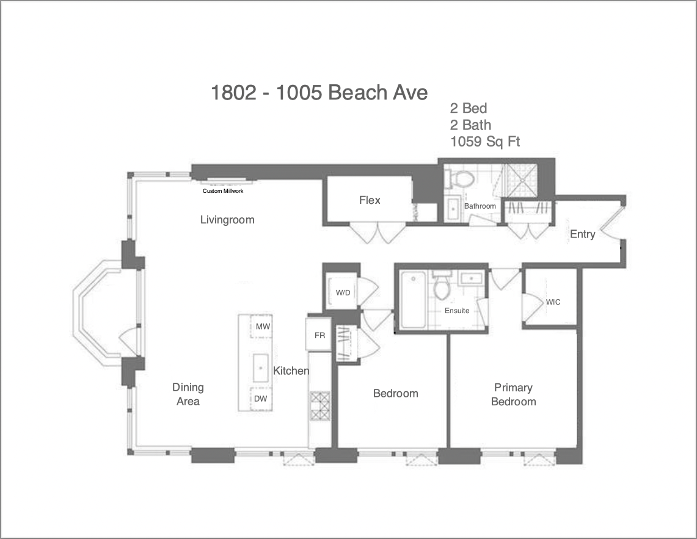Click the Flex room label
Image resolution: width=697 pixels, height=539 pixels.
370,200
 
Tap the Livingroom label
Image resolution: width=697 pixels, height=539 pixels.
227,220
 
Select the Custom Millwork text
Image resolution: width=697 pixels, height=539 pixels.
223,191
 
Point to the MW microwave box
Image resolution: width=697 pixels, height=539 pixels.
261,327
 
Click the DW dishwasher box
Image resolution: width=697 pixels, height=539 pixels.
261,399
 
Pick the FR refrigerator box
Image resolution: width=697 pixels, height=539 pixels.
319,335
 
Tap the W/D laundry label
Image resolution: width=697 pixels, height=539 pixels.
343,293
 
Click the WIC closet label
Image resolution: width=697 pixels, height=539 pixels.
553,302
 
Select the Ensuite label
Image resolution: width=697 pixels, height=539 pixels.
457,311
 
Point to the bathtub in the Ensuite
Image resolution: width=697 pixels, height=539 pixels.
413,300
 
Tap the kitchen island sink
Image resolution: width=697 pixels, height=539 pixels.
260,368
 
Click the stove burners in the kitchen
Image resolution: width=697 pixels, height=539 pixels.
320,406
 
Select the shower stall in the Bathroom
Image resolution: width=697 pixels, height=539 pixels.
520,181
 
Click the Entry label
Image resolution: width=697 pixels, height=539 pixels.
582,234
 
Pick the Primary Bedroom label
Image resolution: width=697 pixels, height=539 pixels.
513,394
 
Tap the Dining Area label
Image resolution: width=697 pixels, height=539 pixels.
188,394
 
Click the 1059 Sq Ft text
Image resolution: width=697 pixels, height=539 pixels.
485,142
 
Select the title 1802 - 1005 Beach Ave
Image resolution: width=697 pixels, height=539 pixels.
319,93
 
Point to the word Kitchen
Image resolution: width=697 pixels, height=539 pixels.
291,371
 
